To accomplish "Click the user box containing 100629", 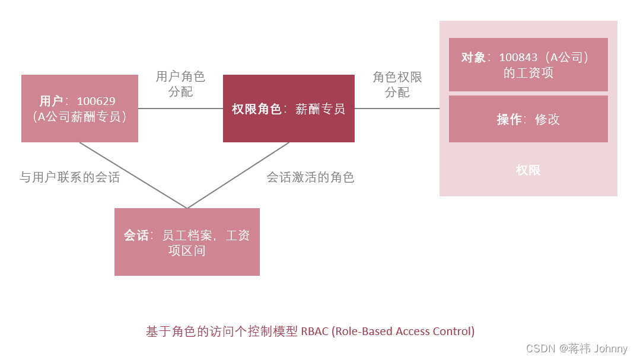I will (79, 109).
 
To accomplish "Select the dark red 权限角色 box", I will (288, 109).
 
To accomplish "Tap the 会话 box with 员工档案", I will (187, 242).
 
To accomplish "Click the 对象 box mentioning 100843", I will (528, 65).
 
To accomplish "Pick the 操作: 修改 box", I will (528, 119).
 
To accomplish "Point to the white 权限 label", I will (528, 170).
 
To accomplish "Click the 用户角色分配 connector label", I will (180, 84).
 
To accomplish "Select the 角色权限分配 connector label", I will (397, 84).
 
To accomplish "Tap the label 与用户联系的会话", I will (69, 177).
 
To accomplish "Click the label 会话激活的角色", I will (310, 177).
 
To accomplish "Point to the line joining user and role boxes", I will (180, 109).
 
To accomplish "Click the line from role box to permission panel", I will (397, 109).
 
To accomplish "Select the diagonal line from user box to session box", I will (133, 176).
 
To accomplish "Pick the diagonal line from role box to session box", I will (237, 176).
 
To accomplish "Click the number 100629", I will (96, 101).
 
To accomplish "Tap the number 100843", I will (518, 58).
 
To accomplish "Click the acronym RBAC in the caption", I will (314, 332).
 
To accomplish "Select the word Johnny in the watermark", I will (610, 349).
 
